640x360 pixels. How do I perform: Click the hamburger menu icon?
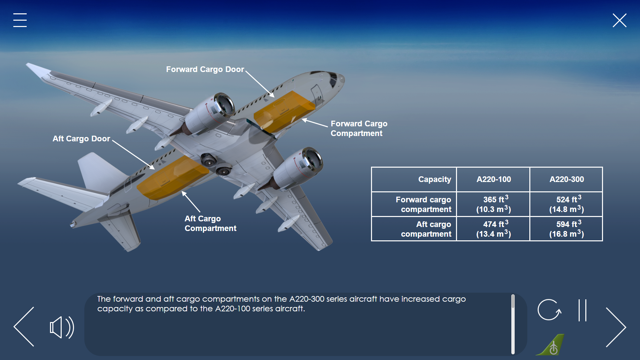pyautogui.click(x=20, y=20)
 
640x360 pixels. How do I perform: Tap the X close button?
pyautogui.click(x=620, y=20)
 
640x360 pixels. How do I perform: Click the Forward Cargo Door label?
pyautogui.click(x=205, y=69)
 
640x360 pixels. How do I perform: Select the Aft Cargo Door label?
pyautogui.click(x=81, y=139)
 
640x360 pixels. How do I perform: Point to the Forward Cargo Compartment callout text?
pyautogui.click(x=359, y=128)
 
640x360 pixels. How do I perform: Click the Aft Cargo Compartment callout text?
pyautogui.click(x=210, y=223)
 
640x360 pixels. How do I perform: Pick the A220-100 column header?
pyautogui.click(x=493, y=179)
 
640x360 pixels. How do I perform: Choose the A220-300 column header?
pyautogui.click(x=567, y=179)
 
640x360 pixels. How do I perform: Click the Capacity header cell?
pyautogui.click(x=414, y=179)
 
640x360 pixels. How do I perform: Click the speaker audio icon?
pyautogui.click(x=62, y=327)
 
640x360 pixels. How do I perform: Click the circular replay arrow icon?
pyautogui.click(x=549, y=310)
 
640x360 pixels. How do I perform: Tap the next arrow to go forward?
pyautogui.click(x=616, y=327)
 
